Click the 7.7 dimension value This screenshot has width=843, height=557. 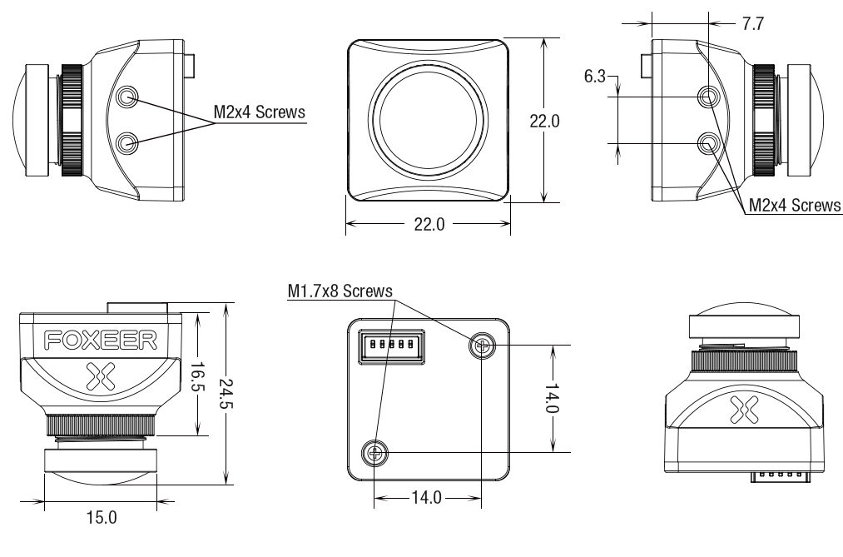pyautogui.click(x=753, y=24)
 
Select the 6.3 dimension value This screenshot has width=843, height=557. pyautogui.click(x=595, y=77)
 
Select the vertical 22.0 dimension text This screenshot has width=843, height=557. pyautogui.click(x=545, y=121)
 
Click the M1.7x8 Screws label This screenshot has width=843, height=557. pyautogui.click(x=340, y=291)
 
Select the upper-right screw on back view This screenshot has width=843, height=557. pyautogui.click(x=482, y=344)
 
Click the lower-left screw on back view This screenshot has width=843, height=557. pyautogui.click(x=375, y=453)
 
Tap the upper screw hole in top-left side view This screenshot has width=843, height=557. pyautogui.click(x=127, y=98)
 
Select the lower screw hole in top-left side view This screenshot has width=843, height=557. pyautogui.click(x=127, y=143)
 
